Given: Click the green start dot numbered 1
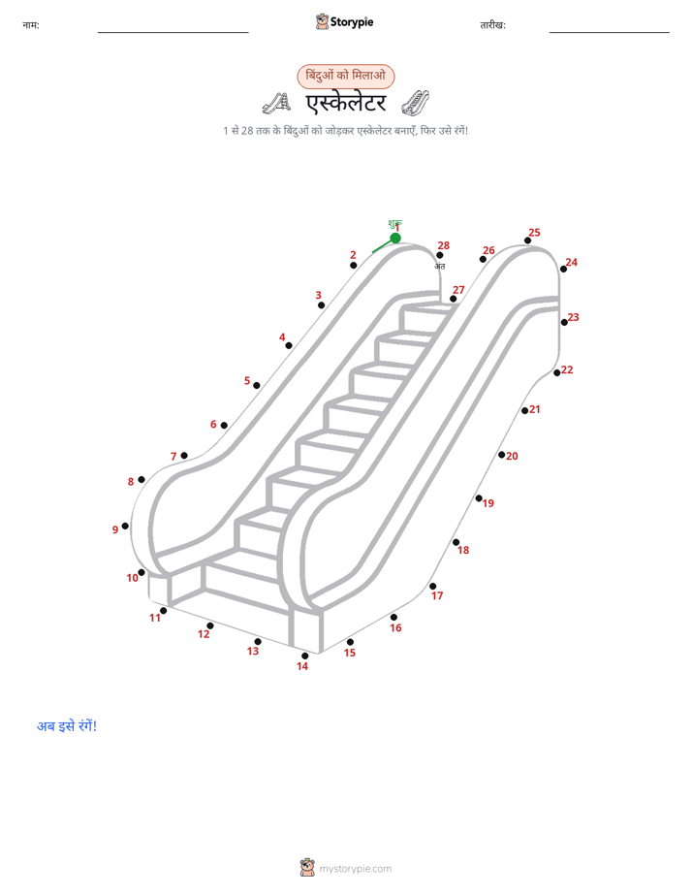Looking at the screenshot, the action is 395,238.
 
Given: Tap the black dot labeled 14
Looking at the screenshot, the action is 305,656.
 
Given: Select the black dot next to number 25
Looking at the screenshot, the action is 527,240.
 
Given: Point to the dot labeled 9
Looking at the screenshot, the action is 125,526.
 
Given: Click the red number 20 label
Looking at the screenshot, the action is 512,456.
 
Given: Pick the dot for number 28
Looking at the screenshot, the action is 440,255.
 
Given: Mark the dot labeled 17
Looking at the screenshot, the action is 433,587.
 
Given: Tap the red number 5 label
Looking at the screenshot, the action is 247,380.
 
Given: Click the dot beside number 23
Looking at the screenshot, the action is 564,322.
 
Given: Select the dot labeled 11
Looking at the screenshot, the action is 163,611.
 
